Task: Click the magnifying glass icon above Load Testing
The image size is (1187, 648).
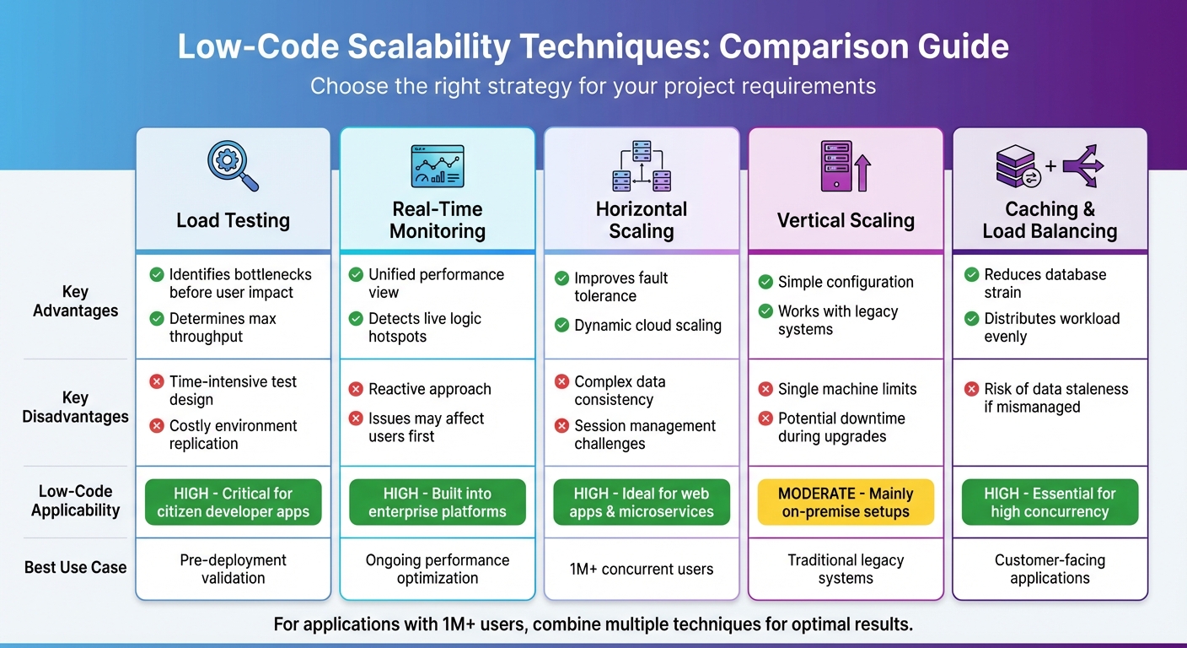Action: [x=233, y=166]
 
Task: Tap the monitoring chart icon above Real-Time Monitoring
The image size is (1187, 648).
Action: [x=437, y=165]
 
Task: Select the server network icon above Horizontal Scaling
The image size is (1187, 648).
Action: [x=641, y=166]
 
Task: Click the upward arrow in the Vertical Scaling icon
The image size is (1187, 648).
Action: [x=862, y=172]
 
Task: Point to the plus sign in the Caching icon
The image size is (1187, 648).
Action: [x=1050, y=166]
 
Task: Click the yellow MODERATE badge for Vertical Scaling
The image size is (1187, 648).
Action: [x=846, y=503]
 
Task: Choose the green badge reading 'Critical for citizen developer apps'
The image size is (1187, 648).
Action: [x=234, y=503]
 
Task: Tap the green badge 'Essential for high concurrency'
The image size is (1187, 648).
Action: [x=1050, y=503]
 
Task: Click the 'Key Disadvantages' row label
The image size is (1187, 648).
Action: [x=75, y=407]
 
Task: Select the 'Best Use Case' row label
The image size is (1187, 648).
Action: [x=75, y=568]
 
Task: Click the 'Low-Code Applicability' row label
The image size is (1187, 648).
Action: [x=75, y=500]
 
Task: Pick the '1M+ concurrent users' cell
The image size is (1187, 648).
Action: [x=642, y=569]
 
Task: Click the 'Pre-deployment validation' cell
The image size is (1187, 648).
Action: [x=234, y=569]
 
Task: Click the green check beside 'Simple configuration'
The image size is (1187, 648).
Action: [x=765, y=282]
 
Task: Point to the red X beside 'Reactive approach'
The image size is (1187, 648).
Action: [x=355, y=389]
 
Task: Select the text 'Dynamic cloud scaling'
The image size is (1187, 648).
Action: [x=647, y=326]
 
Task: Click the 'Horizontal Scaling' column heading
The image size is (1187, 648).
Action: [x=642, y=220]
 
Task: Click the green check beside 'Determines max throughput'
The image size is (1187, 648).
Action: [x=157, y=319]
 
